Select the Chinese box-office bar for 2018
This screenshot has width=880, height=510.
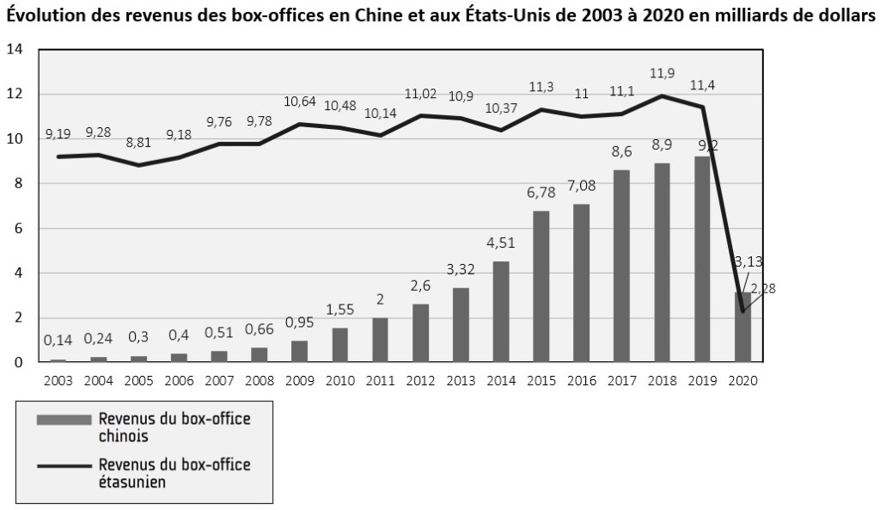(x=663, y=262)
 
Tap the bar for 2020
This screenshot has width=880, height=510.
(x=742, y=328)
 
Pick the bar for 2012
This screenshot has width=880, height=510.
(x=420, y=333)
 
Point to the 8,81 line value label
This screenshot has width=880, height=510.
(x=138, y=144)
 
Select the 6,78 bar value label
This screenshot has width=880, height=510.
(x=541, y=193)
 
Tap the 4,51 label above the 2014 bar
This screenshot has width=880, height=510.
(x=501, y=243)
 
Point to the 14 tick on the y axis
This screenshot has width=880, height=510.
(x=14, y=49)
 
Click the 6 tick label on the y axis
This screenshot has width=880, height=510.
(x=18, y=229)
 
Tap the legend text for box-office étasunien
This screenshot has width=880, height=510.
(x=174, y=473)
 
